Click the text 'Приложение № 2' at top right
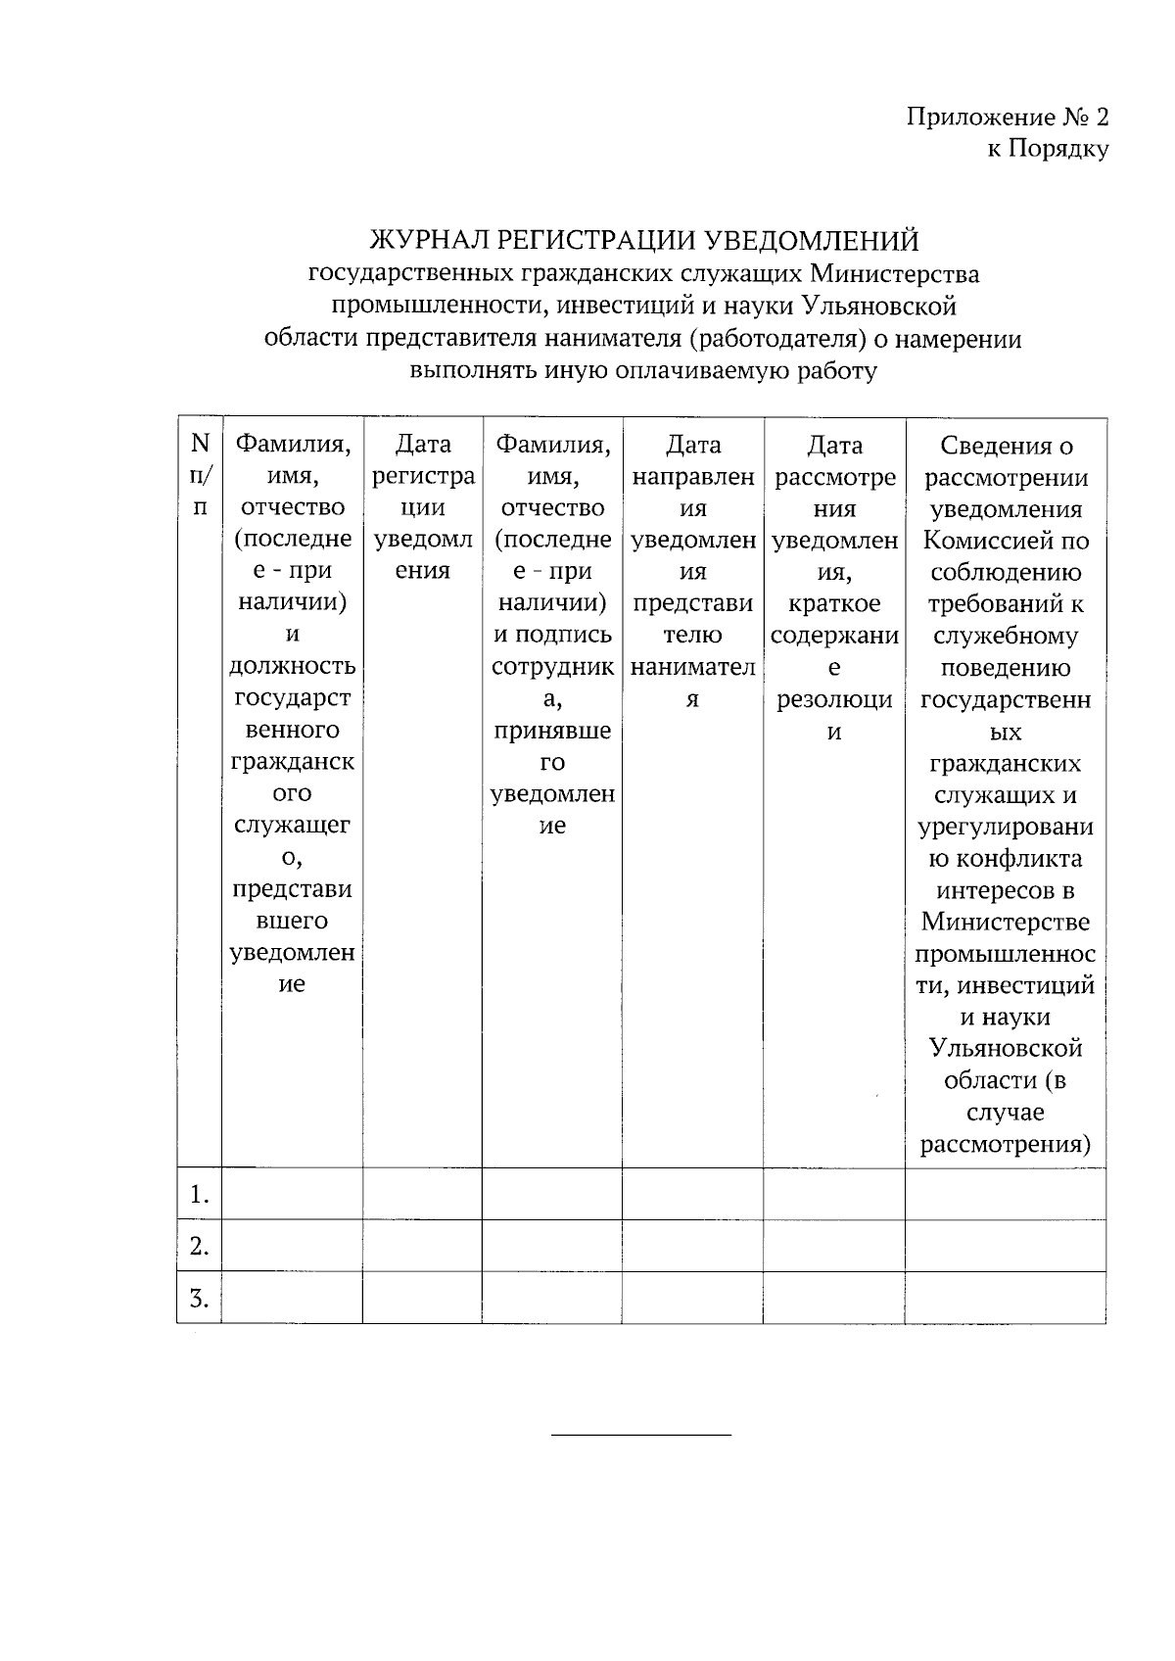click(1009, 119)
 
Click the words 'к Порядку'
click(1047, 150)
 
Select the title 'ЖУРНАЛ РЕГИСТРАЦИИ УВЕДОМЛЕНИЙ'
click(643, 240)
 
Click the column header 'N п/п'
click(200, 476)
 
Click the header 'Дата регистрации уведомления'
click(422, 507)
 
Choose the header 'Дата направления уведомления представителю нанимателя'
click(692, 571)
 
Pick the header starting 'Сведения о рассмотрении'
click(1006, 461)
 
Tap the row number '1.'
click(200, 1194)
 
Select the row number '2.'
click(200, 1246)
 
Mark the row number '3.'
click(200, 1298)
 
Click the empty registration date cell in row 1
click(422, 1194)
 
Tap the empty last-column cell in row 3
click(1006, 1298)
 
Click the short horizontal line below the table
click(641, 1435)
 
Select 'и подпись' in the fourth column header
click(552, 635)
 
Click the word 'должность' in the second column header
click(292, 666)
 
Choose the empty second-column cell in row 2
click(292, 1246)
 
